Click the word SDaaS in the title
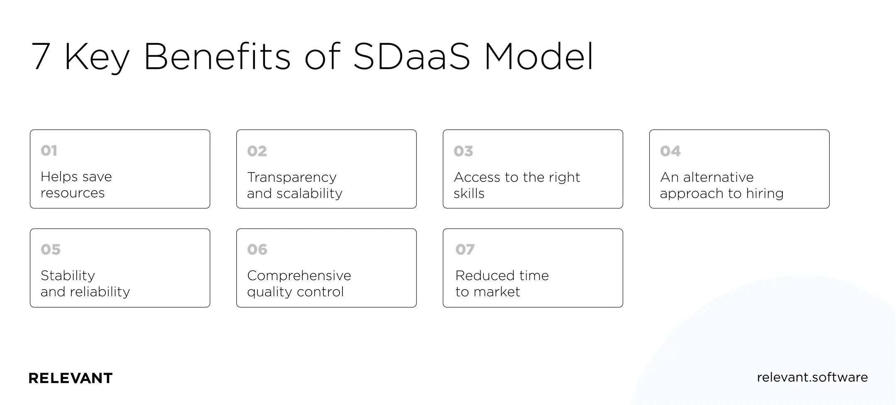[x=411, y=56]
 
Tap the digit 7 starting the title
[x=41, y=56]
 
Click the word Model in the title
[x=539, y=56]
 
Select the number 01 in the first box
[x=49, y=150]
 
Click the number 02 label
[x=257, y=151]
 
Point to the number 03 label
[x=463, y=151]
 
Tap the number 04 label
[x=670, y=151]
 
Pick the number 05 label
[x=51, y=249]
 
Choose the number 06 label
[x=257, y=249]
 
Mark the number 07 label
[x=465, y=249]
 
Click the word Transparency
[x=291, y=178]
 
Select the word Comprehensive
[x=299, y=276]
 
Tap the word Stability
[x=68, y=276]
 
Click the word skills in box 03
[x=469, y=193]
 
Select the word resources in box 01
[x=73, y=193]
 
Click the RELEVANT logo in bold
[x=70, y=378]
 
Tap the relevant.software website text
[x=812, y=377]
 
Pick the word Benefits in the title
[x=217, y=56]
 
